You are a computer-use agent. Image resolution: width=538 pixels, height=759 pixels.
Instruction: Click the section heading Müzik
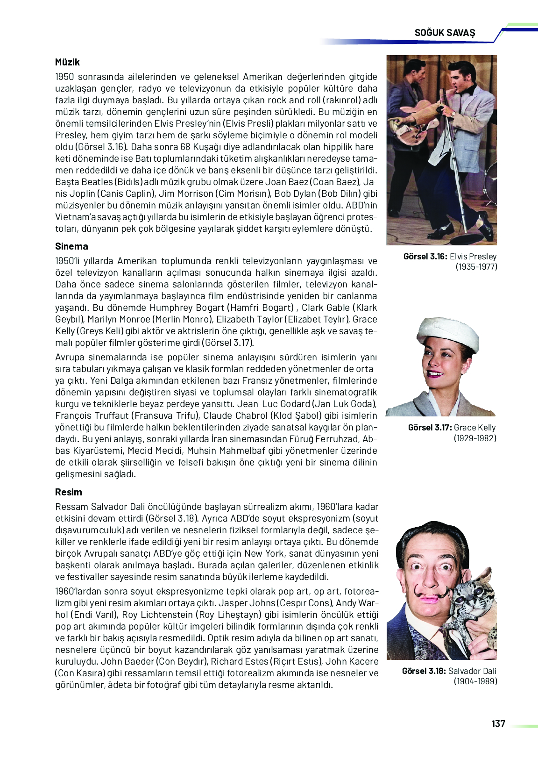pos(67,62)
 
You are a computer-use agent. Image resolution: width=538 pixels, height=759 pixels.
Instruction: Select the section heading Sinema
pos(71,246)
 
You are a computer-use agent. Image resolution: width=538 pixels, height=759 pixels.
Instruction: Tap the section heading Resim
pos(69,492)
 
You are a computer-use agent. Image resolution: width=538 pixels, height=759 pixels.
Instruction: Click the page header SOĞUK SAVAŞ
pos(445,33)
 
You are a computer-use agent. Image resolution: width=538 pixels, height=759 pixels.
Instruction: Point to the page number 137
pos(498,723)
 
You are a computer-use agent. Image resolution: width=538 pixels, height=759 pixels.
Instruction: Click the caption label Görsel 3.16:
pos(425,257)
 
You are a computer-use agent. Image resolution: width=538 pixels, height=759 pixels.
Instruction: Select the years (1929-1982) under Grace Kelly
pos(475,438)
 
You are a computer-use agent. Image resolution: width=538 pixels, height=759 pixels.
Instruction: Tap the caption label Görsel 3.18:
pos(424,671)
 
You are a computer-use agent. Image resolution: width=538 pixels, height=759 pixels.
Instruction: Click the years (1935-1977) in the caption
pos(476,267)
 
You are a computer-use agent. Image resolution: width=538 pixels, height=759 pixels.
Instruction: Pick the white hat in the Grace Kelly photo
pos(448,336)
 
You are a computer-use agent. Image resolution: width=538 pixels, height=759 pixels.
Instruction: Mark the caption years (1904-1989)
pos(475,681)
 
